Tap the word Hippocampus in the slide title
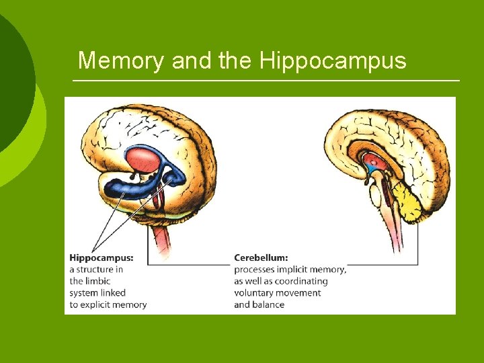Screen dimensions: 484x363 333,61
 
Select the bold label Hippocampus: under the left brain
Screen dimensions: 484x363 102,257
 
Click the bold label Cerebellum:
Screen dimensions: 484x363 261,257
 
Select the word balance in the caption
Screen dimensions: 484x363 268,305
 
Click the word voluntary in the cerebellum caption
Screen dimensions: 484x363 254,293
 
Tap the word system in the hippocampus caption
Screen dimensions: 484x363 84,293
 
